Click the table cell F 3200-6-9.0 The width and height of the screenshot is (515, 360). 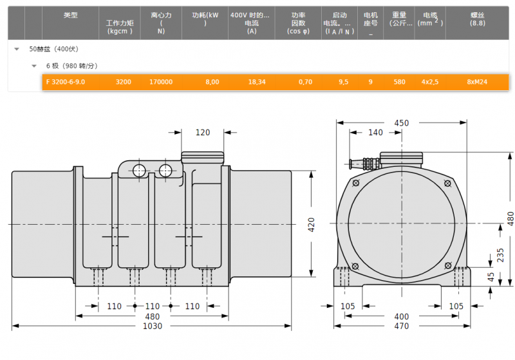[x=66, y=82]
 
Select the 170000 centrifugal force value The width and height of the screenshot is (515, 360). [x=161, y=82]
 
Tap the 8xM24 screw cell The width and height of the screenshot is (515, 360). [x=477, y=82]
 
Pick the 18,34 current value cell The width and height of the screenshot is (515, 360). [x=257, y=82]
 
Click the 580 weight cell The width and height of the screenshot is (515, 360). [x=399, y=82]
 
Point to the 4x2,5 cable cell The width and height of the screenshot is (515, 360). [x=430, y=82]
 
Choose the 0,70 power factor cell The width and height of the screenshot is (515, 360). [x=305, y=82]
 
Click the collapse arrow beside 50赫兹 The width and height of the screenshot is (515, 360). [x=17, y=50]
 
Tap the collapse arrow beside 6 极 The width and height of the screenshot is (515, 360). [x=34, y=66]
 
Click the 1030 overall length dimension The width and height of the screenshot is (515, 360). [x=153, y=326]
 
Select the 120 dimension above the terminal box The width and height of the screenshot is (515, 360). [x=203, y=133]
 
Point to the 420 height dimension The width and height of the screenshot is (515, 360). [x=311, y=225]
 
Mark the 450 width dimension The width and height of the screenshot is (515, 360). [x=401, y=123]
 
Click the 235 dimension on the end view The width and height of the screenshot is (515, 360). [x=500, y=255]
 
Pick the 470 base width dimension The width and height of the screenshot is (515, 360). [x=401, y=326]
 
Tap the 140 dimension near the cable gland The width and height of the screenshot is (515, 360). [x=375, y=133]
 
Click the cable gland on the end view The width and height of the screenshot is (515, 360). [x=363, y=164]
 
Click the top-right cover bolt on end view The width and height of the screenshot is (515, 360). [x=447, y=184]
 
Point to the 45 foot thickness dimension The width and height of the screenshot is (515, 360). [x=491, y=277]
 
